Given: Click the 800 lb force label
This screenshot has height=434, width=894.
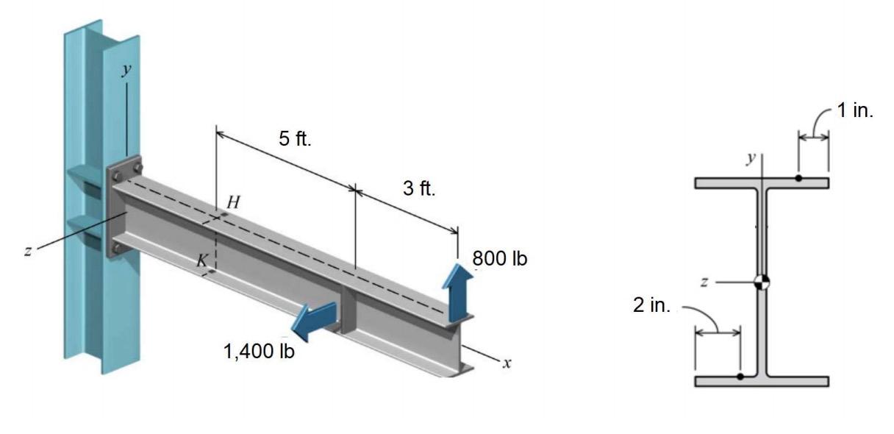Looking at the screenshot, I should [x=499, y=259].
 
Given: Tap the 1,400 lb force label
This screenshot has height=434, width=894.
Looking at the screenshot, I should [x=259, y=352].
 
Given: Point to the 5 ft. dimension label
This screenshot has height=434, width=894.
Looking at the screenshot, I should [x=294, y=139].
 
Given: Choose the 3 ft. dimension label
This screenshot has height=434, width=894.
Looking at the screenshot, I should [x=419, y=188].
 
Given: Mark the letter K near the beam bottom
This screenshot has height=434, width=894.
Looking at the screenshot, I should [x=199, y=260].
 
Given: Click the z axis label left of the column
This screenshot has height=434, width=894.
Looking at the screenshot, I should [x=27, y=251].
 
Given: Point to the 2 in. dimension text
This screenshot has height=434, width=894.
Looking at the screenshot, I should [x=652, y=305].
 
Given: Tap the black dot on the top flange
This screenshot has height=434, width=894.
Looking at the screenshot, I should [x=798, y=179].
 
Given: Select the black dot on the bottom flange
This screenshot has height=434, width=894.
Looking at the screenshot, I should [x=740, y=377].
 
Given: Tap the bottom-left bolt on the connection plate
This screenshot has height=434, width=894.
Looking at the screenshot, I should [x=117, y=249].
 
